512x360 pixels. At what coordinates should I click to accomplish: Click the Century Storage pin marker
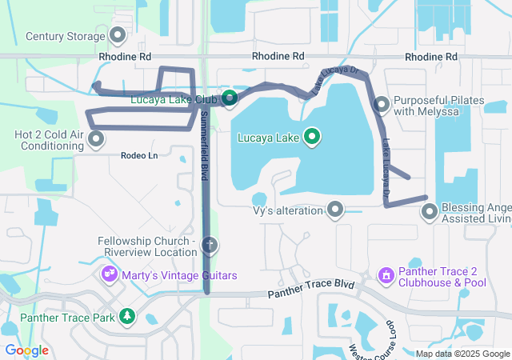pyautogui.click(x=118, y=35)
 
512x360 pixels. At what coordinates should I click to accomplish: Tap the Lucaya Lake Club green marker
pyautogui.click(x=230, y=99)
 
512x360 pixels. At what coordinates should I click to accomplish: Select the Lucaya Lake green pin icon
pyautogui.click(x=310, y=138)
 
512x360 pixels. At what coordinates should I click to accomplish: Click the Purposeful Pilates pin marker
pyautogui.click(x=382, y=105)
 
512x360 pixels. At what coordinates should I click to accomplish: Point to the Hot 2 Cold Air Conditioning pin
pyautogui.click(x=96, y=140)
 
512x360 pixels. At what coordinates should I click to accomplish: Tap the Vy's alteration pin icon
pyautogui.click(x=335, y=210)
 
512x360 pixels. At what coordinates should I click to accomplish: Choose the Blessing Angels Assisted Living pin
pyautogui.click(x=430, y=212)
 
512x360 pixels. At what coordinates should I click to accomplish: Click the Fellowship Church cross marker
pyautogui.click(x=210, y=244)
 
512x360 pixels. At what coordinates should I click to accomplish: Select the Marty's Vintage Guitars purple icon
pyautogui.click(x=110, y=275)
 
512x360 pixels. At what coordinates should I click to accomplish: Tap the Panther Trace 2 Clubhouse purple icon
pyautogui.click(x=386, y=276)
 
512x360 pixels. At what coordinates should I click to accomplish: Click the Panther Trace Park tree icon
pyautogui.click(x=127, y=317)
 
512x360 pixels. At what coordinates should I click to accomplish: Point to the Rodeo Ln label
pyautogui.click(x=139, y=155)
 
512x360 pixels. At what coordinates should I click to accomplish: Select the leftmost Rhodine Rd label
pyautogui.click(x=125, y=57)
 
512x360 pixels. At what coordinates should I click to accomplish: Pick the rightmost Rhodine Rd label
pyautogui.click(x=430, y=57)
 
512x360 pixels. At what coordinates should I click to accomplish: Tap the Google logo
pyautogui.click(x=26, y=350)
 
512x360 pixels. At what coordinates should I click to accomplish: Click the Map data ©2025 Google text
pyautogui.click(x=462, y=354)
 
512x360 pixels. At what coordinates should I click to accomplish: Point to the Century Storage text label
pyautogui.click(x=66, y=36)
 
